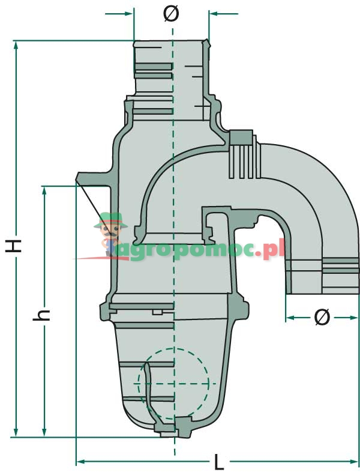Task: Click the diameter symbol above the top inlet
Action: [x=171, y=14]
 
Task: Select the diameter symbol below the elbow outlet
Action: [x=322, y=317]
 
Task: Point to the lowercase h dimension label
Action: [x=42, y=315]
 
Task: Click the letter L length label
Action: [x=219, y=462]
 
